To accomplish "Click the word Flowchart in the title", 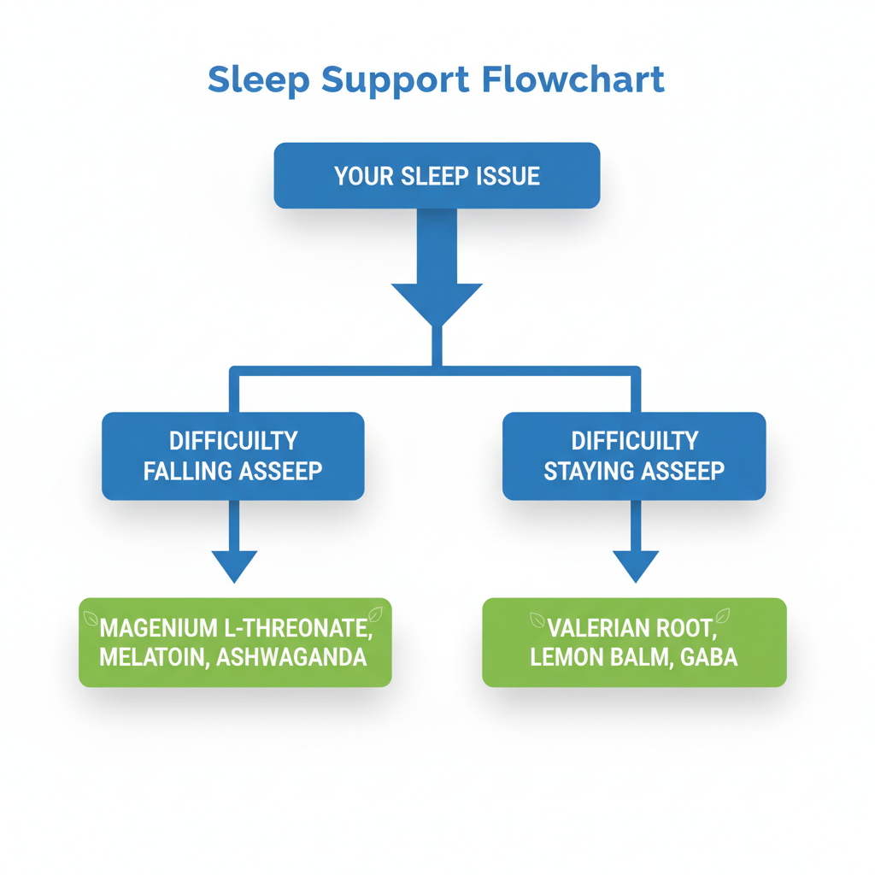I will click(x=573, y=79).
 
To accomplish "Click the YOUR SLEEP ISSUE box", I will click(x=437, y=175).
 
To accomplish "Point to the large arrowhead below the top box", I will click(x=437, y=303).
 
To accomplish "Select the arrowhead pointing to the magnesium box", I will click(x=234, y=566).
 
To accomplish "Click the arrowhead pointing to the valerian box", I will click(x=636, y=566).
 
